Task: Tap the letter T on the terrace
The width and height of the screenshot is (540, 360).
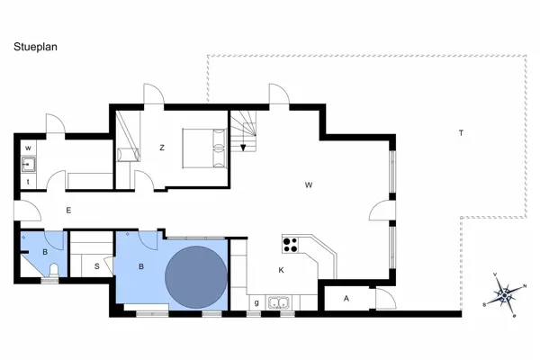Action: (461, 133)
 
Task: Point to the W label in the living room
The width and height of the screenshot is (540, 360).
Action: (309, 185)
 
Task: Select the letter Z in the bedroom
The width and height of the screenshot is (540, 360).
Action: (162, 148)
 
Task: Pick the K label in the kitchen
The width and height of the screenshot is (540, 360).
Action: (282, 269)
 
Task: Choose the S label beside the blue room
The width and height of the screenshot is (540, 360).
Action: (97, 266)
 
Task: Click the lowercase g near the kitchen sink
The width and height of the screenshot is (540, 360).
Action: (257, 302)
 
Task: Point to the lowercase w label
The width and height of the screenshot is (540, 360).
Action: (29, 148)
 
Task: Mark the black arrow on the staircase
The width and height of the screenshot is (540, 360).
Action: (243, 148)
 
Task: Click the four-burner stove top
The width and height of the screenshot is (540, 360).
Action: (291, 243)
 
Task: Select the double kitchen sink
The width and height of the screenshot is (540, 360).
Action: (281, 302)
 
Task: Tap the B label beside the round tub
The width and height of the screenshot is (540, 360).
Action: (141, 266)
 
